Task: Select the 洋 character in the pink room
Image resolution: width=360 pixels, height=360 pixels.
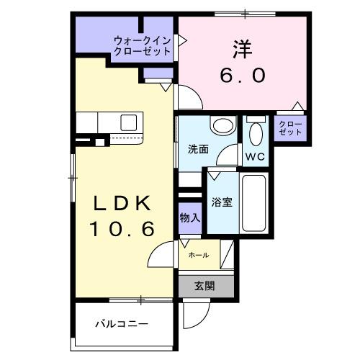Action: (x=241, y=49)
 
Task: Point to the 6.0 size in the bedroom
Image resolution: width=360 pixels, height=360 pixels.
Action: (x=243, y=74)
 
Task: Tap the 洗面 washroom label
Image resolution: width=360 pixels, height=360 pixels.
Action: (x=198, y=150)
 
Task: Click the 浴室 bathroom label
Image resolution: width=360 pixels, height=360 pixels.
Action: (x=222, y=202)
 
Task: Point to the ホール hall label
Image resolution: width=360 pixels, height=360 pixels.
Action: (x=199, y=256)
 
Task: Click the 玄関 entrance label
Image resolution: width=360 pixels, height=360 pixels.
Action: (x=204, y=285)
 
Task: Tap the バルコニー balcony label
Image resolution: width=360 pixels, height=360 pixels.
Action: (x=122, y=324)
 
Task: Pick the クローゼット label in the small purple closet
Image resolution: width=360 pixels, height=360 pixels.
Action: (x=291, y=128)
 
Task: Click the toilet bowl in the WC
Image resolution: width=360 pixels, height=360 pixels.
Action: (x=255, y=134)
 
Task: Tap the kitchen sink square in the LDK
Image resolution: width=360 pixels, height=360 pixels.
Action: (x=129, y=121)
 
